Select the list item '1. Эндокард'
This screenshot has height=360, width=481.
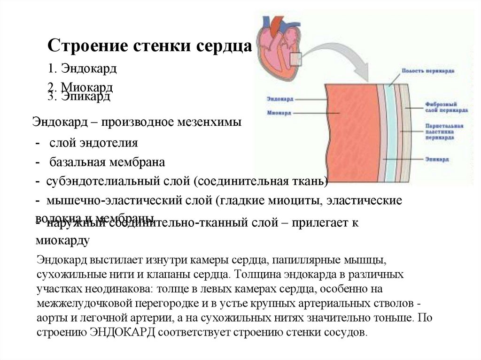point(82,69)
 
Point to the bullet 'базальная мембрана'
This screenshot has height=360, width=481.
point(106,163)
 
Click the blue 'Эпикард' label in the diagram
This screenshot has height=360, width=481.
point(436,160)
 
